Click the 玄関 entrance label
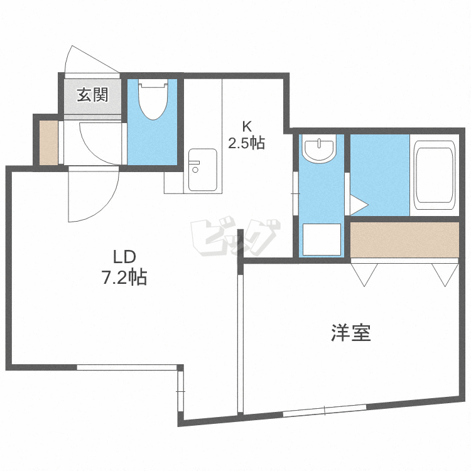[93, 95]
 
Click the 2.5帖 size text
[246, 143]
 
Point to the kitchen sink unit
[205, 170]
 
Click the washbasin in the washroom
[320, 150]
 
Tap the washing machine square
[322, 239]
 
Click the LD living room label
[124, 257]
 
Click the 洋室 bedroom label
[351, 333]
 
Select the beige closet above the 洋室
[404, 239]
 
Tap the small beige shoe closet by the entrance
[48, 143]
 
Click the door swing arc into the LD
[94, 198]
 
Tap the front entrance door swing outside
[87, 60]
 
